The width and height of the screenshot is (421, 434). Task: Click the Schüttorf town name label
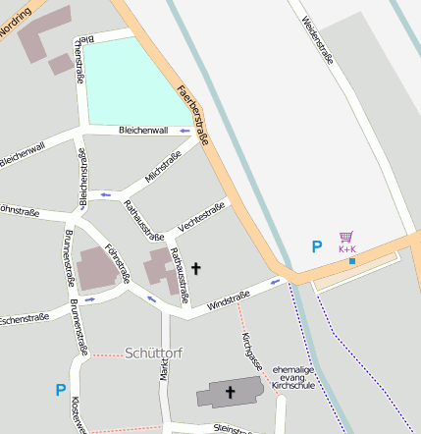click(154, 353)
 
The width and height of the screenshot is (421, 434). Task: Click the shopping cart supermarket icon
click(345, 237)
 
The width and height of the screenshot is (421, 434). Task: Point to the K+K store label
click(347, 249)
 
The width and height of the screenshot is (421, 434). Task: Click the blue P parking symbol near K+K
click(316, 247)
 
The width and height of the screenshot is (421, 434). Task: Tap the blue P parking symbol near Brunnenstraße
click(61, 390)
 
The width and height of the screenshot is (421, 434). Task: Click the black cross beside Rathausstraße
click(195, 267)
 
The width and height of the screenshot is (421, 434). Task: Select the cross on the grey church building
click(231, 393)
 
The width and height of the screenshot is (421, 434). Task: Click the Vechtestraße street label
click(201, 217)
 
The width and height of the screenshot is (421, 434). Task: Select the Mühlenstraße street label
click(163, 166)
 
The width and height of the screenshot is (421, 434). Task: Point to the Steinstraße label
click(235, 428)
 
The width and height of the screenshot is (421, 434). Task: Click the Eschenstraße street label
click(25, 320)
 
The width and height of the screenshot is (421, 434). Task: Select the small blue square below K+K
click(351, 261)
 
